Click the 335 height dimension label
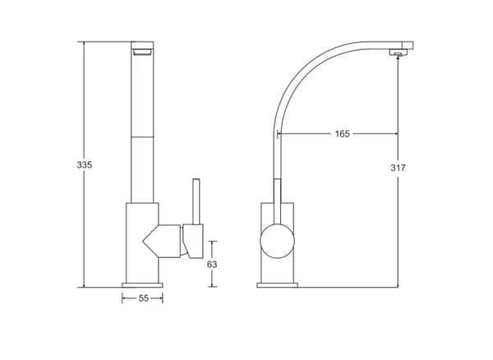pyautogui.click(x=85, y=164)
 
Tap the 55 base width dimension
pyautogui.click(x=143, y=298)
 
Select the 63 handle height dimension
pyautogui.click(x=212, y=265)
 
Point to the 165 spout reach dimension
pyautogui.click(x=342, y=134)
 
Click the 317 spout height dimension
pyautogui.click(x=398, y=168)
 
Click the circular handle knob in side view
pyautogui.click(x=278, y=241)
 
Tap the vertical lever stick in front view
pyautogui.click(x=196, y=201)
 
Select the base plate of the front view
pyautogui.click(x=142, y=285)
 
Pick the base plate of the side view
pyautogui.click(x=278, y=285)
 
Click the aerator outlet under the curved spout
pyautogui.click(x=398, y=53)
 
